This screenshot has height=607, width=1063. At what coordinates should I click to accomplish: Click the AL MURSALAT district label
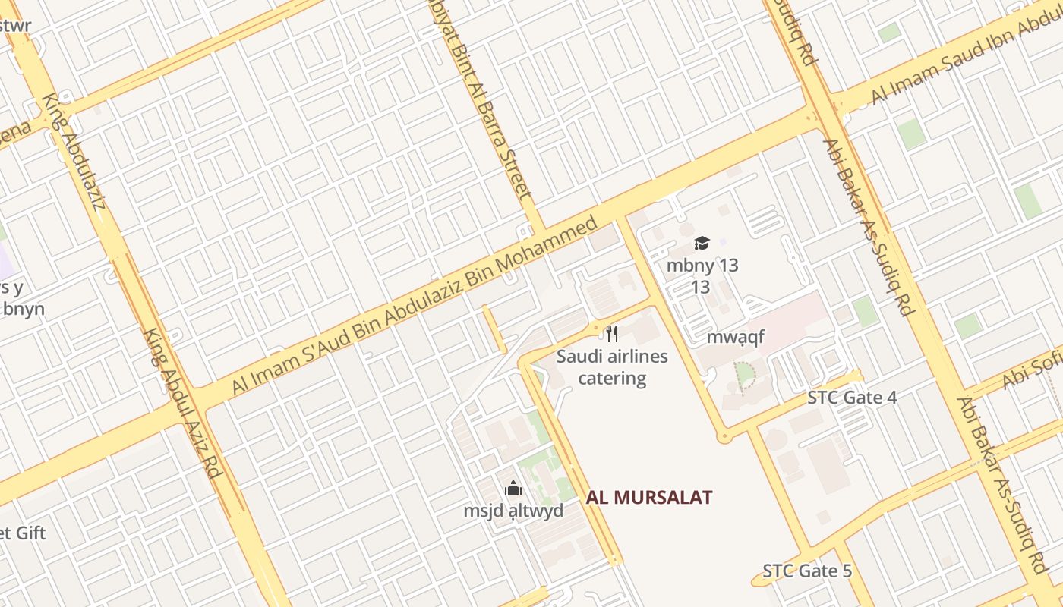648,498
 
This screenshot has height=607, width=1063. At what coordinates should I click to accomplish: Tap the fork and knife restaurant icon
612,333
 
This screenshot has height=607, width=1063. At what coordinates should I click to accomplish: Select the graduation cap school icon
702,243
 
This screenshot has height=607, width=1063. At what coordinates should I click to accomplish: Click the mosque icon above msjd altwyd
513,488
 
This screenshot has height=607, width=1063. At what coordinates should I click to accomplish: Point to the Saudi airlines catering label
612,367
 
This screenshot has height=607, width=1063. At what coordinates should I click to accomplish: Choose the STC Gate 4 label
852,398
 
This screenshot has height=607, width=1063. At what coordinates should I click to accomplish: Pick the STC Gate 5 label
807,571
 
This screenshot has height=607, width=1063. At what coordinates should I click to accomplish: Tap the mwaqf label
735,337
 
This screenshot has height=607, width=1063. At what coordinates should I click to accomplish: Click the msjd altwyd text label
513,511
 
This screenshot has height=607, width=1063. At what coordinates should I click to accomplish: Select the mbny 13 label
702,266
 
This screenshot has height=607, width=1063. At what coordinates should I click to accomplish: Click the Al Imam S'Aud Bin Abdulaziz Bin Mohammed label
415,306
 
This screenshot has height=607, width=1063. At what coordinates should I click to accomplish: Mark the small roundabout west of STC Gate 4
724,436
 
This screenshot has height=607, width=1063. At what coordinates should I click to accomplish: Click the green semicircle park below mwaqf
745,375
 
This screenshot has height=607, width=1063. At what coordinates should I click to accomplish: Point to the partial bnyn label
23,309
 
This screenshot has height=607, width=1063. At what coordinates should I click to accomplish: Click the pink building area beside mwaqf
797,315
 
